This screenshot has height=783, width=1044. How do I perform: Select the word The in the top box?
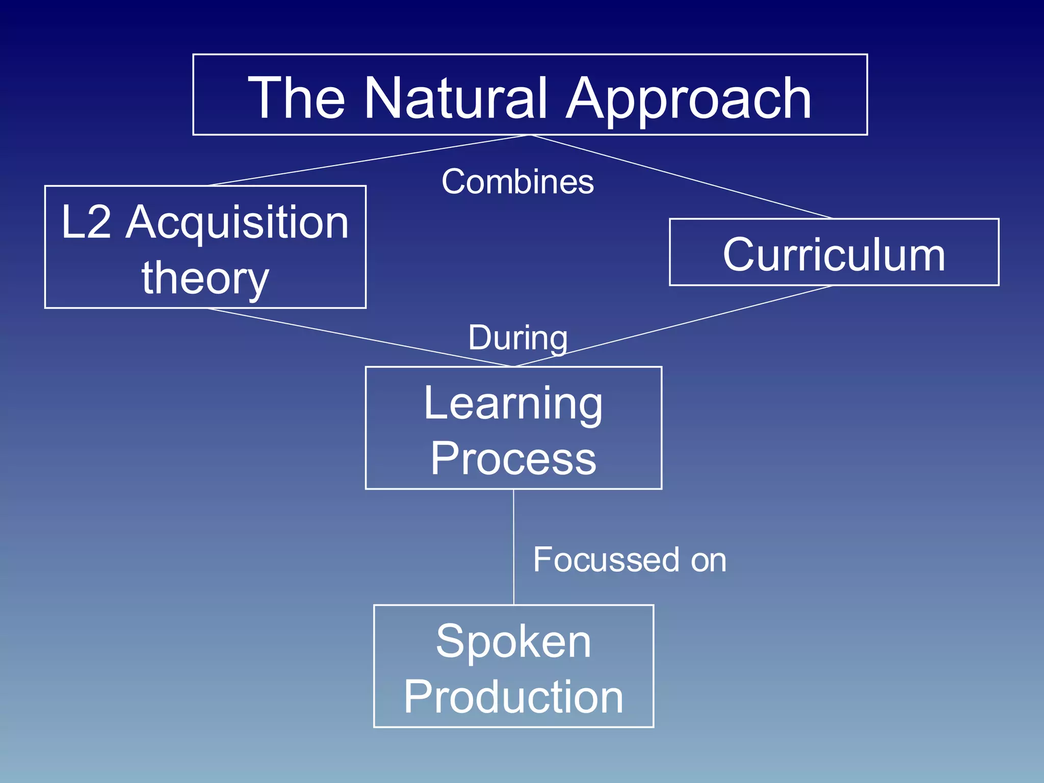click(296, 98)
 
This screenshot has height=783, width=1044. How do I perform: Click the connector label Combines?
click(517, 181)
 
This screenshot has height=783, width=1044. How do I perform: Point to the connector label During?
click(517, 338)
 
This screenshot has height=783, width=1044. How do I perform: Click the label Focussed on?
click(629, 560)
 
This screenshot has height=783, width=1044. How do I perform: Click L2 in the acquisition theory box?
click(86, 222)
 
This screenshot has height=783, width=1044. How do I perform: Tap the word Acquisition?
click(238, 223)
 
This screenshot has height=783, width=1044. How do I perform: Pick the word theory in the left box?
click(205, 278)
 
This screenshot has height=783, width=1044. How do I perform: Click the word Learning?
click(513, 404)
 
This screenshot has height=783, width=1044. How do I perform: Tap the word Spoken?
click(513, 641)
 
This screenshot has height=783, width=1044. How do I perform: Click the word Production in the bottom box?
click(513, 697)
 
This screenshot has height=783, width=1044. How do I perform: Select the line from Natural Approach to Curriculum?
click(681, 176)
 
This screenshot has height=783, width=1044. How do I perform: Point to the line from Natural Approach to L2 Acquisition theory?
click(369, 160)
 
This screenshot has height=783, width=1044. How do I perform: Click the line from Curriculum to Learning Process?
click(673, 326)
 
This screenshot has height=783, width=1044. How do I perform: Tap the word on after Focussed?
click(708, 561)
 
